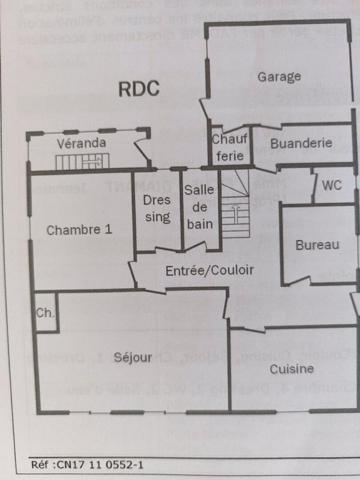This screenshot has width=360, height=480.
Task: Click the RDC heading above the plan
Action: pos(138,89)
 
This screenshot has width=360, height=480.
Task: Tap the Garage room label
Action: pos(279,76)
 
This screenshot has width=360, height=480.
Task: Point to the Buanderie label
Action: pos(301,143)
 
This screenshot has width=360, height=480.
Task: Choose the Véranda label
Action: pos(81,143)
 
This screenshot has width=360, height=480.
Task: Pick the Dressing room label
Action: pos(157,207)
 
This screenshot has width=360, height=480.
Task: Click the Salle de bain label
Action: pos(200,207)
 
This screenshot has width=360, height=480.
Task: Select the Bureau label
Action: pos(317,245)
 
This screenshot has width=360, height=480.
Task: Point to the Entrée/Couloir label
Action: pos(210,270)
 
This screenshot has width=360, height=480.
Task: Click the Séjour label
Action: pos(132,357)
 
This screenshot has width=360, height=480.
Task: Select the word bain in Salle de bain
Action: pos(200,223)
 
